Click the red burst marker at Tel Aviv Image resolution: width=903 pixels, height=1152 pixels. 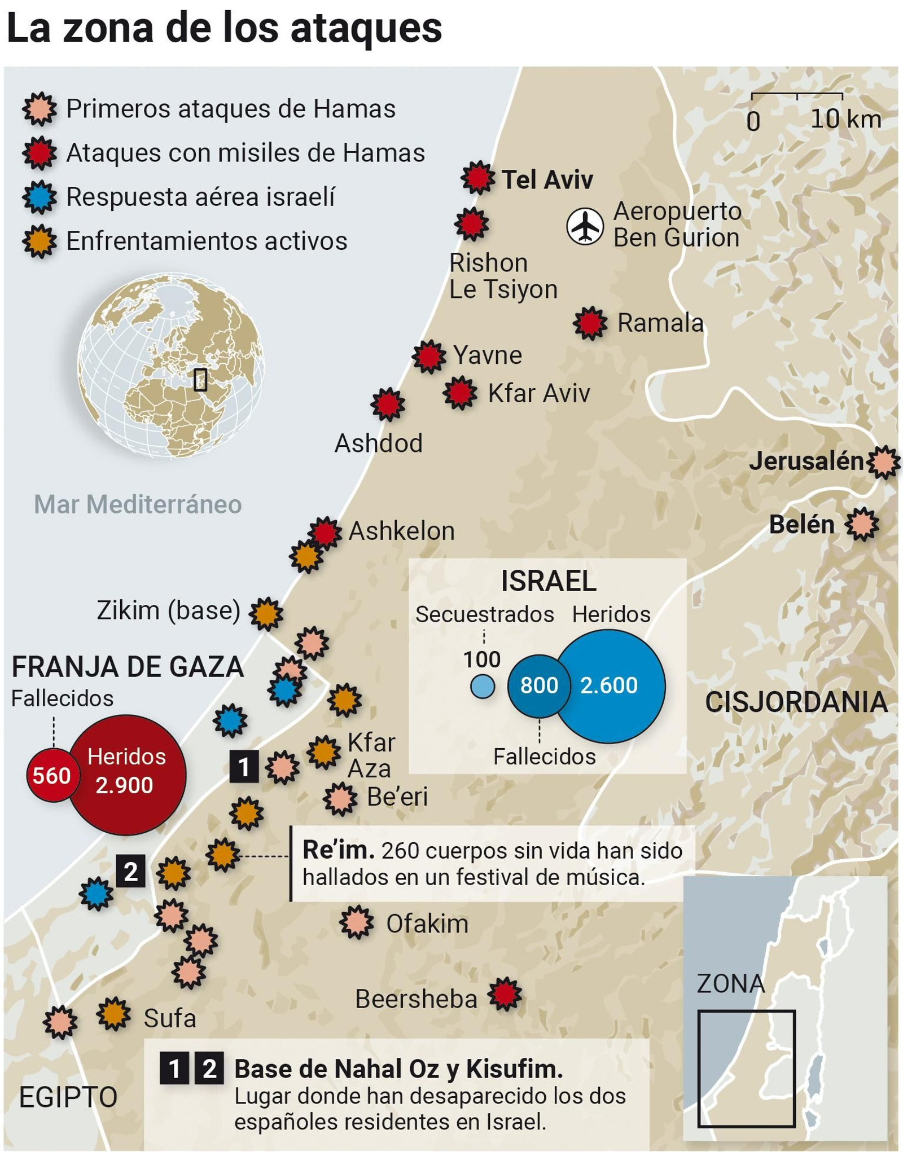(x=478, y=178)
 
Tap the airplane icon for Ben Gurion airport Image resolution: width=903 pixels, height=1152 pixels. (x=585, y=226)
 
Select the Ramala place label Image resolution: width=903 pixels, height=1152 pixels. (x=660, y=323)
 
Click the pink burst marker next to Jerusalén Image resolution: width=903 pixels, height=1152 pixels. (x=884, y=462)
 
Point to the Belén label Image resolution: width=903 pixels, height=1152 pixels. (x=801, y=525)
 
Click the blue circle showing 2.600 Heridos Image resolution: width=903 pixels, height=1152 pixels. (x=610, y=685)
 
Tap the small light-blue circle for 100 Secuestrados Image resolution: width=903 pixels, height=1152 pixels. (x=483, y=687)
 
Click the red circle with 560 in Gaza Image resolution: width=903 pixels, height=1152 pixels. (x=51, y=776)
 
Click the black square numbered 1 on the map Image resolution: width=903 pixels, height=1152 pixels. (x=244, y=766)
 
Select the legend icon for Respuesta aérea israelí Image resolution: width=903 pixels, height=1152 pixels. (x=40, y=197)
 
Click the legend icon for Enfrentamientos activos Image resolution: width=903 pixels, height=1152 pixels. (x=40, y=241)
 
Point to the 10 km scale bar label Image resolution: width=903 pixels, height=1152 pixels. (x=845, y=119)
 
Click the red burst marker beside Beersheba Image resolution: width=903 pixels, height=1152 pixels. (x=505, y=994)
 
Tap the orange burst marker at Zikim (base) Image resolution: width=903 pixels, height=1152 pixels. (x=266, y=613)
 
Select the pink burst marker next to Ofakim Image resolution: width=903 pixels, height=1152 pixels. (x=357, y=922)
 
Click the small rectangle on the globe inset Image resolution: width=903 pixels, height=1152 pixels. (x=200, y=379)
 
